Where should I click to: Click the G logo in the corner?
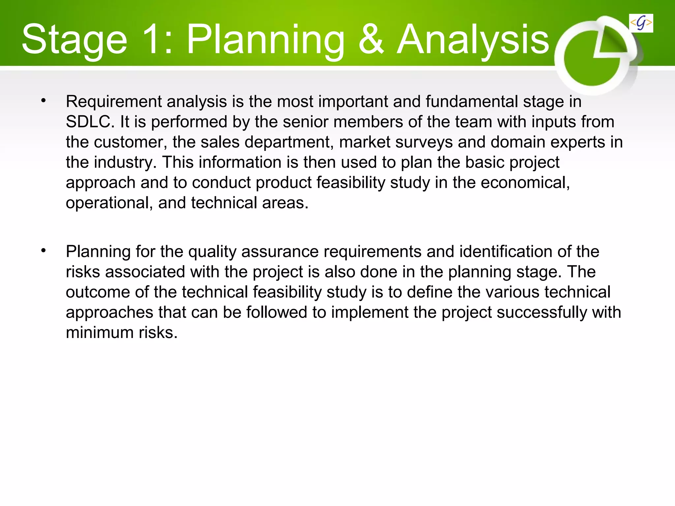point(641,23)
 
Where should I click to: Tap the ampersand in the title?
point(371,40)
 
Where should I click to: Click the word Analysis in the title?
point(473,40)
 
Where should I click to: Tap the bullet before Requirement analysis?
point(44,100)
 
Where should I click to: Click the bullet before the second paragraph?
point(44,251)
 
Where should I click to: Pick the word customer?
point(128,142)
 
